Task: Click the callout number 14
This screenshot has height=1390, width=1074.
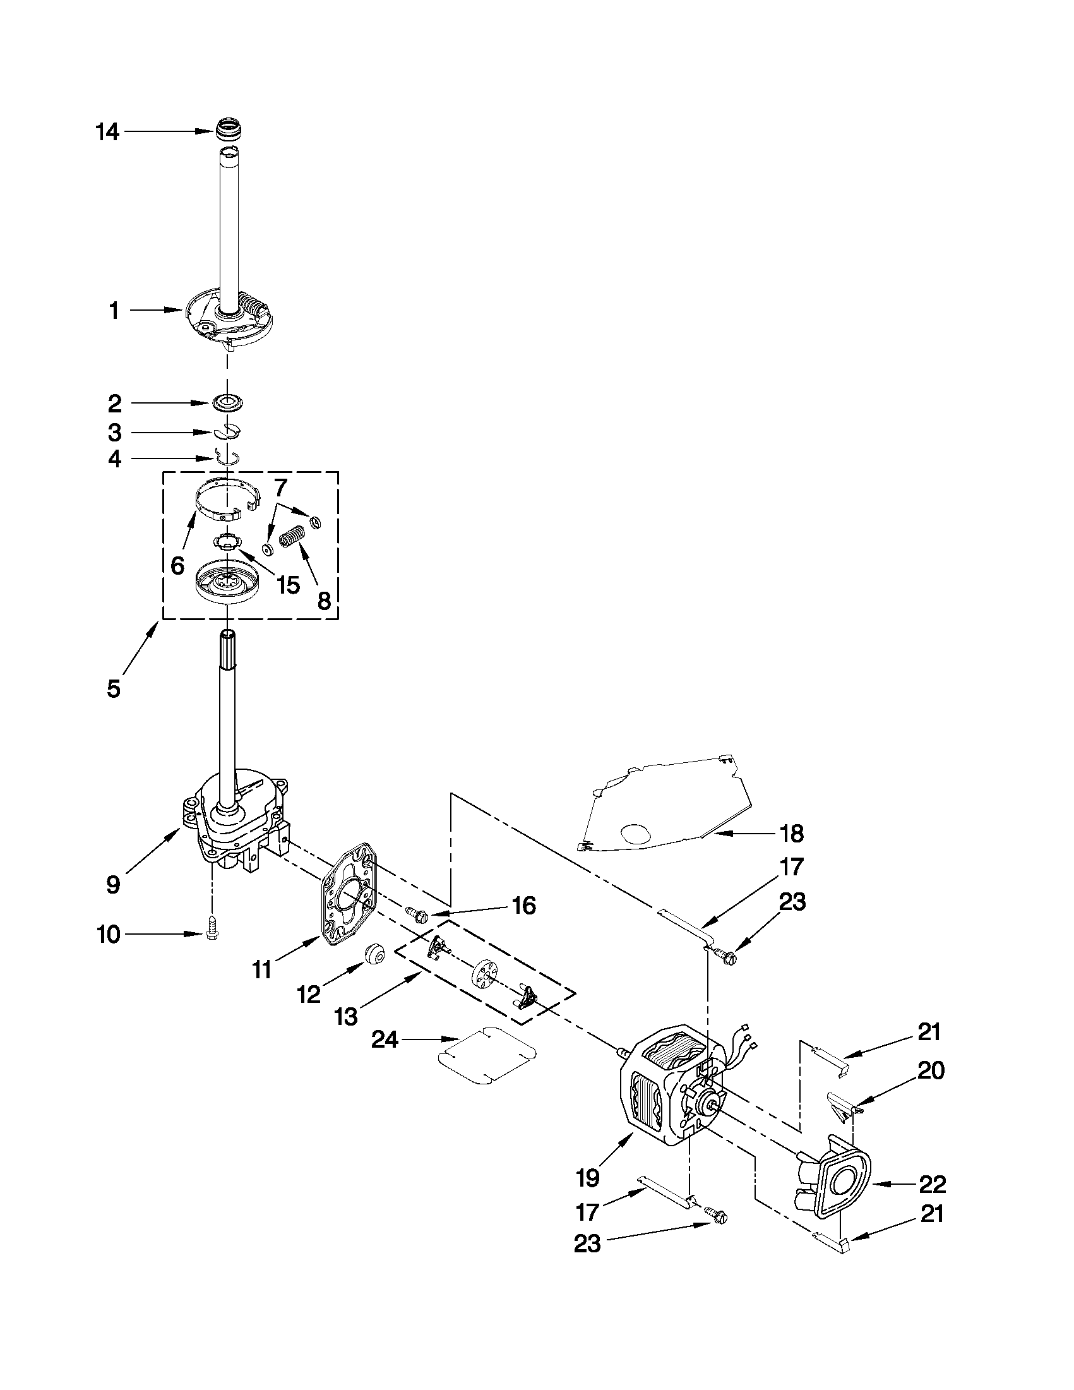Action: tap(107, 132)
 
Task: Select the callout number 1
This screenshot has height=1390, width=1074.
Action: tap(114, 311)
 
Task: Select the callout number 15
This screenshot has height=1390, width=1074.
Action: tap(288, 584)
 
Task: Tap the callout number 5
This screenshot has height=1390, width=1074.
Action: tap(113, 688)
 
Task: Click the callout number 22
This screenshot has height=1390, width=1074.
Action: tap(933, 1183)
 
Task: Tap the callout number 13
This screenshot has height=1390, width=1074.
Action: tap(346, 1017)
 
